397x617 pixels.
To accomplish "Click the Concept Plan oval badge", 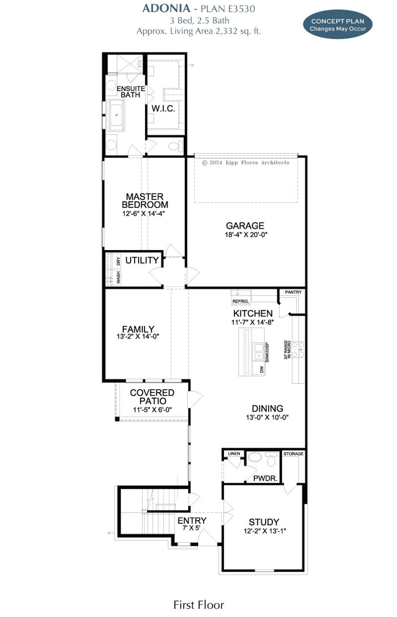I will click(337, 25).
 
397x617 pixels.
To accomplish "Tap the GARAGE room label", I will click(245, 226).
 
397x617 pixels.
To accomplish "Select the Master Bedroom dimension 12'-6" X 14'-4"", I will click(143, 214).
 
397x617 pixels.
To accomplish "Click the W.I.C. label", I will click(163, 109).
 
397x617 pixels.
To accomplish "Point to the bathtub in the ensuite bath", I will click(116, 115).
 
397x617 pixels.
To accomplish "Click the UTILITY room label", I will click(142, 260).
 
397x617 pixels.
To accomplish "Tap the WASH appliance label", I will click(118, 277).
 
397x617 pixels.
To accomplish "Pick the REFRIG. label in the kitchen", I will click(241, 301).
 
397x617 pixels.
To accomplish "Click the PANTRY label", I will click(293, 292).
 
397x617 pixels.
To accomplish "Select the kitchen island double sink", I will click(258, 351).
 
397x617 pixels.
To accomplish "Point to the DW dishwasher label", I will click(262, 370).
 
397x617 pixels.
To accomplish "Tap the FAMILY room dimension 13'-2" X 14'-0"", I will click(138, 336).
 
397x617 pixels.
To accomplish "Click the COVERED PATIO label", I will click(152, 397).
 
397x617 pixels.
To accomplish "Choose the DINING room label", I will click(267, 408).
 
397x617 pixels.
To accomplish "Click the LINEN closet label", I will click(234, 454).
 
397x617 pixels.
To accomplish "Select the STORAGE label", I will click(293, 454).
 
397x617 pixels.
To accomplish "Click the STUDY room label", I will click(264, 522).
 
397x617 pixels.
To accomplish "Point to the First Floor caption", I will click(198, 605).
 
